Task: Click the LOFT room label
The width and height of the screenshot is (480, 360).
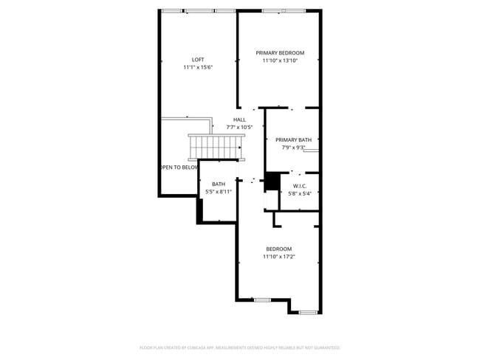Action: [198, 60]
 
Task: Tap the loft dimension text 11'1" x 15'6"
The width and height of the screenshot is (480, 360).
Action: [198, 67]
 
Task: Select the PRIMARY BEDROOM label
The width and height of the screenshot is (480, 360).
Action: [280, 53]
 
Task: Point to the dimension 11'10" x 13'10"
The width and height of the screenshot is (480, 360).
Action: [280, 60]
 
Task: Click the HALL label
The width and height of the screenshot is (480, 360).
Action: [239, 120]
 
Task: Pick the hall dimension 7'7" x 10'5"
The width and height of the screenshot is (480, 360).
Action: [239, 127]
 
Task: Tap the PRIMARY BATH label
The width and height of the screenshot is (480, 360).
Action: [293, 139]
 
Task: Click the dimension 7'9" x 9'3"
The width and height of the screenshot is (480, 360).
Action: [293, 147]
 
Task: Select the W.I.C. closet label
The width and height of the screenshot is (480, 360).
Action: [299, 186]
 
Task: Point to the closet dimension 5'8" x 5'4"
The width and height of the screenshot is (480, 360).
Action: [299, 193]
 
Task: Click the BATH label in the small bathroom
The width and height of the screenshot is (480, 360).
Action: [219, 184]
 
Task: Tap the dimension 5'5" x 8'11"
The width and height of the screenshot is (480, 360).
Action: [219, 192]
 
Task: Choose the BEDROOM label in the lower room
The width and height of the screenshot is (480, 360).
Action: [279, 249]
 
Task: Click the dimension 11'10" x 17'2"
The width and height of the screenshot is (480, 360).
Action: [279, 257]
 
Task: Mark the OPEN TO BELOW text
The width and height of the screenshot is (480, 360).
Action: [179, 167]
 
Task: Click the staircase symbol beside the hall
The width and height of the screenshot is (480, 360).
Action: [215, 146]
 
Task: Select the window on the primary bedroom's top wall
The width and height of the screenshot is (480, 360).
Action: [284, 10]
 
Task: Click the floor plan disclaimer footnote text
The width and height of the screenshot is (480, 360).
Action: [239, 347]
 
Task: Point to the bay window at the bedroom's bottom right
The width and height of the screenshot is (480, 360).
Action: [308, 312]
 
